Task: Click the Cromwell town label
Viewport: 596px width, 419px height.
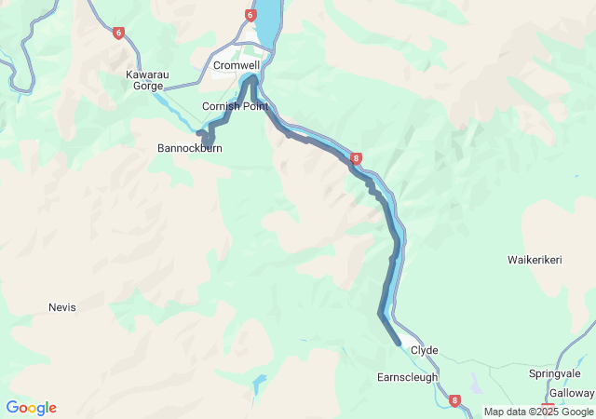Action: click(x=236, y=65)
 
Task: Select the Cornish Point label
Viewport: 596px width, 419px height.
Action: click(x=236, y=106)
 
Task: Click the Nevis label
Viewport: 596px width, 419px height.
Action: click(x=61, y=306)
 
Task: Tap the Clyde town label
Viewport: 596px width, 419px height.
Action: click(x=424, y=350)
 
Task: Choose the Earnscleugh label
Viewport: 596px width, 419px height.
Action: click(x=407, y=377)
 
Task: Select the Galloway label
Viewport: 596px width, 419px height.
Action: click(x=571, y=393)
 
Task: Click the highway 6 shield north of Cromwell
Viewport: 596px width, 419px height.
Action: click(x=251, y=15)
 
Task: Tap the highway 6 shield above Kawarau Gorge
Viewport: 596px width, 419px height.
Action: click(x=118, y=34)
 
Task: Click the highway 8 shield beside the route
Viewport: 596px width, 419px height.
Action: click(x=357, y=159)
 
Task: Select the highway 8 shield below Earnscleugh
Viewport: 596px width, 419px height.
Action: click(x=454, y=401)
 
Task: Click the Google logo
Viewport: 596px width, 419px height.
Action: click(x=31, y=408)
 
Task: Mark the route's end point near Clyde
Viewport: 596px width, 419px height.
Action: click(x=399, y=344)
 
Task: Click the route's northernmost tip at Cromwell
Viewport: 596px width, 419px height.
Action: click(x=252, y=78)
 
